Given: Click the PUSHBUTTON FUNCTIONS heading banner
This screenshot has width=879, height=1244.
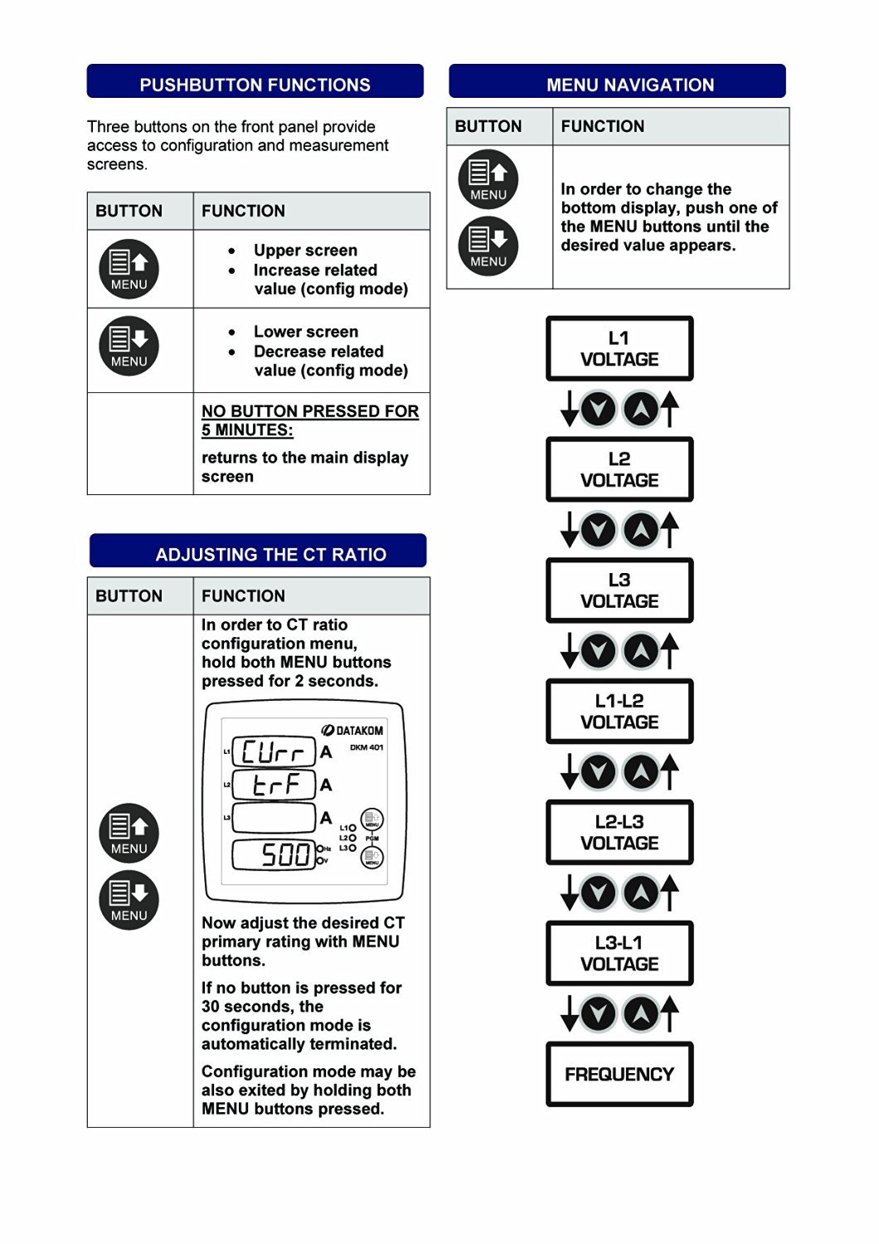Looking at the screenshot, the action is click(x=255, y=84).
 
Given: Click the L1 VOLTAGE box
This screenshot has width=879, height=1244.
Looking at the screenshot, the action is click(x=619, y=349).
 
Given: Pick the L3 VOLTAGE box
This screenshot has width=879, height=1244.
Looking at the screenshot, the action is click(x=619, y=590).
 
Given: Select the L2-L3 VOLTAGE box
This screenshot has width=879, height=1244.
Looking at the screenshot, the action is click(x=619, y=833).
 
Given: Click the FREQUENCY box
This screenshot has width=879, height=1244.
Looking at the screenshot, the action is click(x=619, y=1074).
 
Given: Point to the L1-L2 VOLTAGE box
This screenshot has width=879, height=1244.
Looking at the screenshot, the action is click(x=619, y=712).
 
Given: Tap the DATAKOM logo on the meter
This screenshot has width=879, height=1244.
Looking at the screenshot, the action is click(x=352, y=731).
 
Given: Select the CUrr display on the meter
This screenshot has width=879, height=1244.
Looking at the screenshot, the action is click(x=274, y=752).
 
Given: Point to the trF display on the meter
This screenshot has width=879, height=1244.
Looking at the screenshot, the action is click(x=274, y=785).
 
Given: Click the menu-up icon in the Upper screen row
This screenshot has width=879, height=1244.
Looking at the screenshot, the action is click(x=129, y=269).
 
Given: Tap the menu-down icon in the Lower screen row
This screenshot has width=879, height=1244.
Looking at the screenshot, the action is click(x=129, y=346).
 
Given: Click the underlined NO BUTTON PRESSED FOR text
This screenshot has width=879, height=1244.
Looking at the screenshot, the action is click(x=309, y=411).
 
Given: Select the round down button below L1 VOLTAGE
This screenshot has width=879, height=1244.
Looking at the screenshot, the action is click(x=598, y=409).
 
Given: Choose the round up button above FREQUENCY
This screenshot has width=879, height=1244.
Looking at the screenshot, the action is click(x=641, y=1013).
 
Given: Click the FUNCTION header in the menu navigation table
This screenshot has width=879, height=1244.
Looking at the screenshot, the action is click(x=603, y=126).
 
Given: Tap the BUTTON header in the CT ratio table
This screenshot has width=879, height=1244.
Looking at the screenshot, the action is click(x=129, y=595).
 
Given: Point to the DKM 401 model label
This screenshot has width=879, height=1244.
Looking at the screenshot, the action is click(x=366, y=747).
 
